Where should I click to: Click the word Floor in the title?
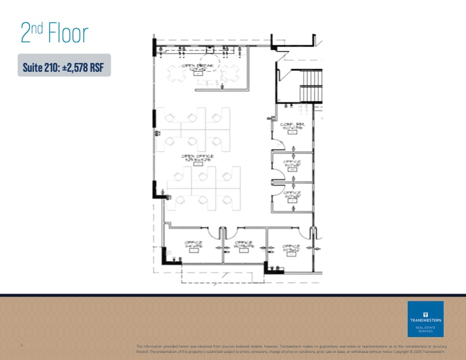coord(66,34)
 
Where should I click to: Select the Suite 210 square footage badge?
coord(64,66)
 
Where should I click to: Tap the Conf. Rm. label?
coord(292,125)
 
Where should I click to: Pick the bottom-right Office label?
coord(291,248)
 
